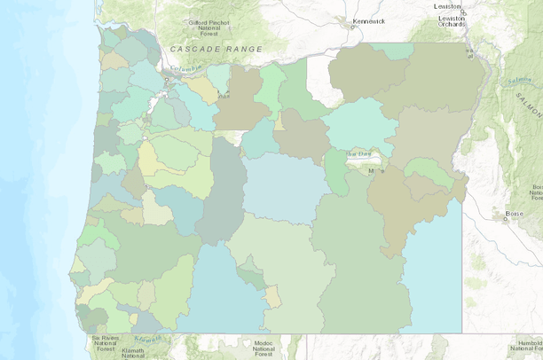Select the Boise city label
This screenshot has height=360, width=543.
point(514,213)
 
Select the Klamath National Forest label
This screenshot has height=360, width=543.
point(132,353)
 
